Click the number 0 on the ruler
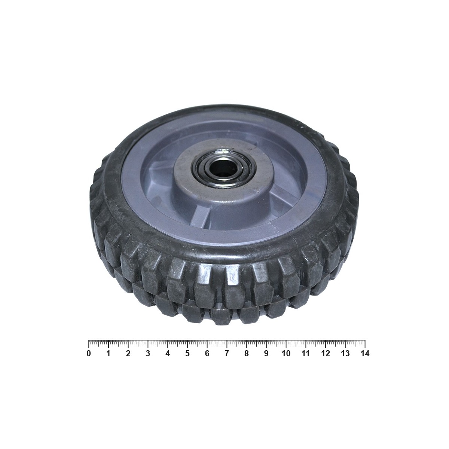89,354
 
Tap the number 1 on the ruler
109,354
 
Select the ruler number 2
128,354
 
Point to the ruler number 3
148,354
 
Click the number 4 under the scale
168,354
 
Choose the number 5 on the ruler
187,354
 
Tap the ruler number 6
207,354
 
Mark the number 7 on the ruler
227,354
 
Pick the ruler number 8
247,354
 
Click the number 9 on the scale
266,354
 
